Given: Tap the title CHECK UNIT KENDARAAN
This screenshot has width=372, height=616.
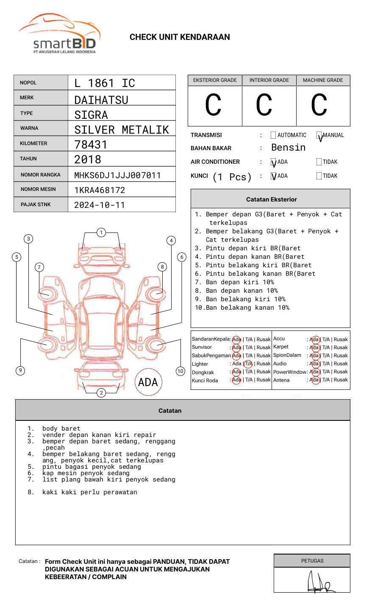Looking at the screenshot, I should point(180,37).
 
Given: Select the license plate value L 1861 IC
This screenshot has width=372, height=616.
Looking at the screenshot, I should point(105,83).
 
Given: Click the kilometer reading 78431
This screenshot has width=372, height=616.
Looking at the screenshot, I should point(91,145).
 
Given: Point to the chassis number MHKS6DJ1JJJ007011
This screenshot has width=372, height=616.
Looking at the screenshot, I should point(117,175).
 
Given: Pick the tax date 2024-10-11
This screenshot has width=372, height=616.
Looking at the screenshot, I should point(100,205).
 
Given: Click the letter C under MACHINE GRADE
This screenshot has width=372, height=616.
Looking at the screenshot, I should point(319,105).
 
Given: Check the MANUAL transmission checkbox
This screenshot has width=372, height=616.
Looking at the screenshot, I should point(319,135).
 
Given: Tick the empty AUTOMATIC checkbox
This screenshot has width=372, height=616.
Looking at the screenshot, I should point(273,135).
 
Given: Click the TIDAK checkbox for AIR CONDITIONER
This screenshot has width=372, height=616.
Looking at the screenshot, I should point(319,162).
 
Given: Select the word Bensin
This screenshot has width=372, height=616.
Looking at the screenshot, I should point(288,148).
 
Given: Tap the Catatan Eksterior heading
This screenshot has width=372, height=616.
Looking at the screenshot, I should point(271,199).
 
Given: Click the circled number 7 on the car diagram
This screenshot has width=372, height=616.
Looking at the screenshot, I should point(39,267).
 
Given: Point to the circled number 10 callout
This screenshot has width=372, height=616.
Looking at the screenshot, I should point(180,371).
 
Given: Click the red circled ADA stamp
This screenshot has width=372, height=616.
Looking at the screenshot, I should point(148,382).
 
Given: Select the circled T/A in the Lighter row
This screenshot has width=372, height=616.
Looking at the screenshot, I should point(248,364).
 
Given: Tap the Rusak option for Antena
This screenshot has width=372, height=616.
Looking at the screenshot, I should point(341,380).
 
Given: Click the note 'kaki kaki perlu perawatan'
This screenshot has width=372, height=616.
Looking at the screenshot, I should point(89,492).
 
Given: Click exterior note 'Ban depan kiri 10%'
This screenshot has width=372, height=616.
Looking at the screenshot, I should point(239,282).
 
